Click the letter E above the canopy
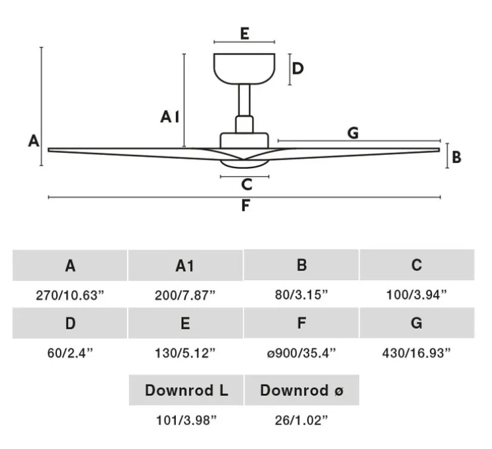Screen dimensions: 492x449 (245, 34)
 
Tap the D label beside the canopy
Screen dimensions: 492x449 (298, 68)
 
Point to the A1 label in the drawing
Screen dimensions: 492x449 (170, 117)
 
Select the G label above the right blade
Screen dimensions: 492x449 (353, 133)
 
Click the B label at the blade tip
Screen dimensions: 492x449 (456, 157)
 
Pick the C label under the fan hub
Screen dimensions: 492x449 (247, 185)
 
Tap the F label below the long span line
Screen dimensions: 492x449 (245, 205)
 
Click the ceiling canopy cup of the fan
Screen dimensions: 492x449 (245, 69)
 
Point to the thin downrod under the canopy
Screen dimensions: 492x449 (244, 100)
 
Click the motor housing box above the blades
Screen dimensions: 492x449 (245, 140)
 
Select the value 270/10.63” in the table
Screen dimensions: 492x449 (69, 295)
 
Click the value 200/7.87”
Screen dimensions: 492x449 (185, 295)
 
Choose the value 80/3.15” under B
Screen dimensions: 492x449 (302, 295)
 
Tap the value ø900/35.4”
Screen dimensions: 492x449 (302, 353)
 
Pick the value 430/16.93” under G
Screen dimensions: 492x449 (417, 353)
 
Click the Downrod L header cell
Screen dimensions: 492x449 (186, 390)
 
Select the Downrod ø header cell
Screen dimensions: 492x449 (302, 390)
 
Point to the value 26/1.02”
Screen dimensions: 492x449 (302, 420)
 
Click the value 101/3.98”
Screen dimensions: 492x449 (186, 420)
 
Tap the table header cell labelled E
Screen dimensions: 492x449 (185, 323)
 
